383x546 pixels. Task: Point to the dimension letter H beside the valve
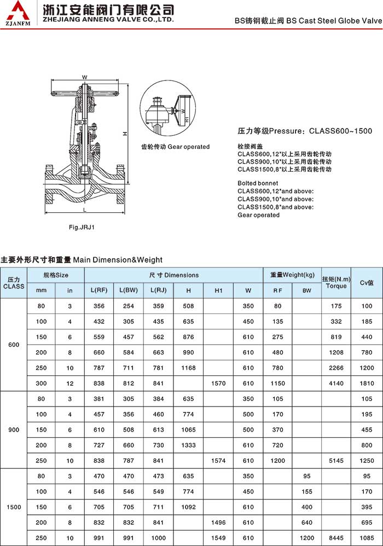124,133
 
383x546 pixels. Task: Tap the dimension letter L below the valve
85,210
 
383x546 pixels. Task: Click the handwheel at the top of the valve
85,87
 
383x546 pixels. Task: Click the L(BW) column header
129,291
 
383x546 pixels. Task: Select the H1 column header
218,291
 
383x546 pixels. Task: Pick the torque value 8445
336,538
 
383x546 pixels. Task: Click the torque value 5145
336,461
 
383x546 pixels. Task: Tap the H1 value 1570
218,384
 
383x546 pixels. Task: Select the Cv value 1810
367,384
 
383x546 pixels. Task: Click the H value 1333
188,445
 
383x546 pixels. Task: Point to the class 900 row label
14,430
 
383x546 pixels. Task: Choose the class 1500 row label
14,507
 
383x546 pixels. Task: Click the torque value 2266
336,368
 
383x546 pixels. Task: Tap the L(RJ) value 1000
159,538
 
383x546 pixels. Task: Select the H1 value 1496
218,522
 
